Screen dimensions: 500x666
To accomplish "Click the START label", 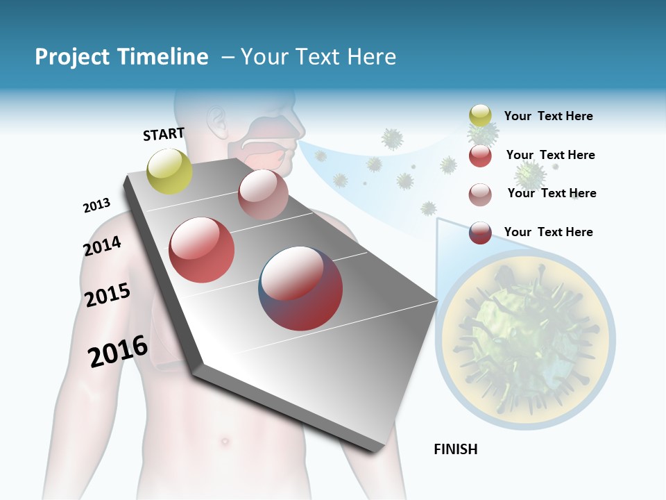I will pyautogui.click(x=164, y=134).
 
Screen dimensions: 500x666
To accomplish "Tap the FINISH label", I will pyautogui.click(x=455, y=449).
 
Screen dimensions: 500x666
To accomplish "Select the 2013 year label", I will pyautogui.click(x=96, y=206).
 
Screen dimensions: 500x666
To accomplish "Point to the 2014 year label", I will pyautogui.click(x=102, y=246).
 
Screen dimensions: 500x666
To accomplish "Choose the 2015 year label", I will pyautogui.click(x=108, y=295).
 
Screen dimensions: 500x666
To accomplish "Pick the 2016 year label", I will pyautogui.click(x=118, y=351).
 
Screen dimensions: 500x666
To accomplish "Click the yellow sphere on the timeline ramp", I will pyautogui.click(x=169, y=171).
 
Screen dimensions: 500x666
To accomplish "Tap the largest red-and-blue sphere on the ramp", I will pyautogui.click(x=300, y=288).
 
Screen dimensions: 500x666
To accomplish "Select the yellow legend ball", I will pyautogui.click(x=480, y=116).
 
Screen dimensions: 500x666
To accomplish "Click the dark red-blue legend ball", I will pyautogui.click(x=480, y=232).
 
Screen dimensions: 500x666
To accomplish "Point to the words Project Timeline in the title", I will pyautogui.click(x=121, y=57).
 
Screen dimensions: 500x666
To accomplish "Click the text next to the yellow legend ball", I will pyautogui.click(x=548, y=116).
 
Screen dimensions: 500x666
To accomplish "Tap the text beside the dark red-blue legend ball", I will pyautogui.click(x=548, y=232).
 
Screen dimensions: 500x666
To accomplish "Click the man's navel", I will pyautogui.click(x=223, y=440).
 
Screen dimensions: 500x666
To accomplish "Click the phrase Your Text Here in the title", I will pyautogui.click(x=318, y=57).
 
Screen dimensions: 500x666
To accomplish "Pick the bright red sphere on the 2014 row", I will pyautogui.click(x=202, y=250).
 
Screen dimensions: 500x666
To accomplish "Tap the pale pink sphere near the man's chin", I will pyautogui.click(x=263, y=194).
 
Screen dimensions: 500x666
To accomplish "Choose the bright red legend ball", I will pyautogui.click(x=480, y=156).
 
